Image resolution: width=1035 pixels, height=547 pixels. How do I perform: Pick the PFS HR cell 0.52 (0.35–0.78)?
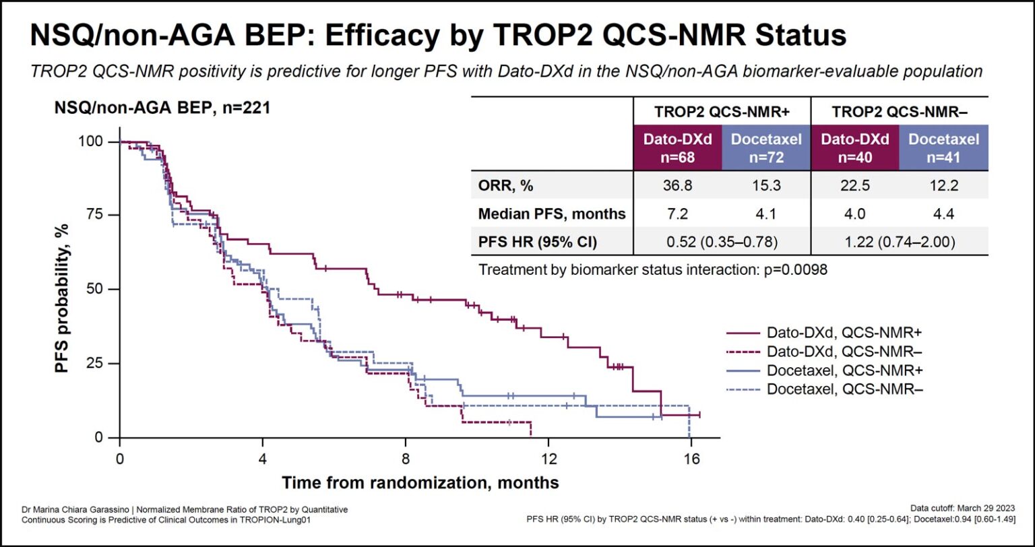722,242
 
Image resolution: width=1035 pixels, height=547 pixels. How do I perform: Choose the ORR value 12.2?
943,185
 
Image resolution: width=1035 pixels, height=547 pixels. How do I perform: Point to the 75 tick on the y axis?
97,215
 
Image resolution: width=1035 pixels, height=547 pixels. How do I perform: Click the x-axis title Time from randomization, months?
420,483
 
